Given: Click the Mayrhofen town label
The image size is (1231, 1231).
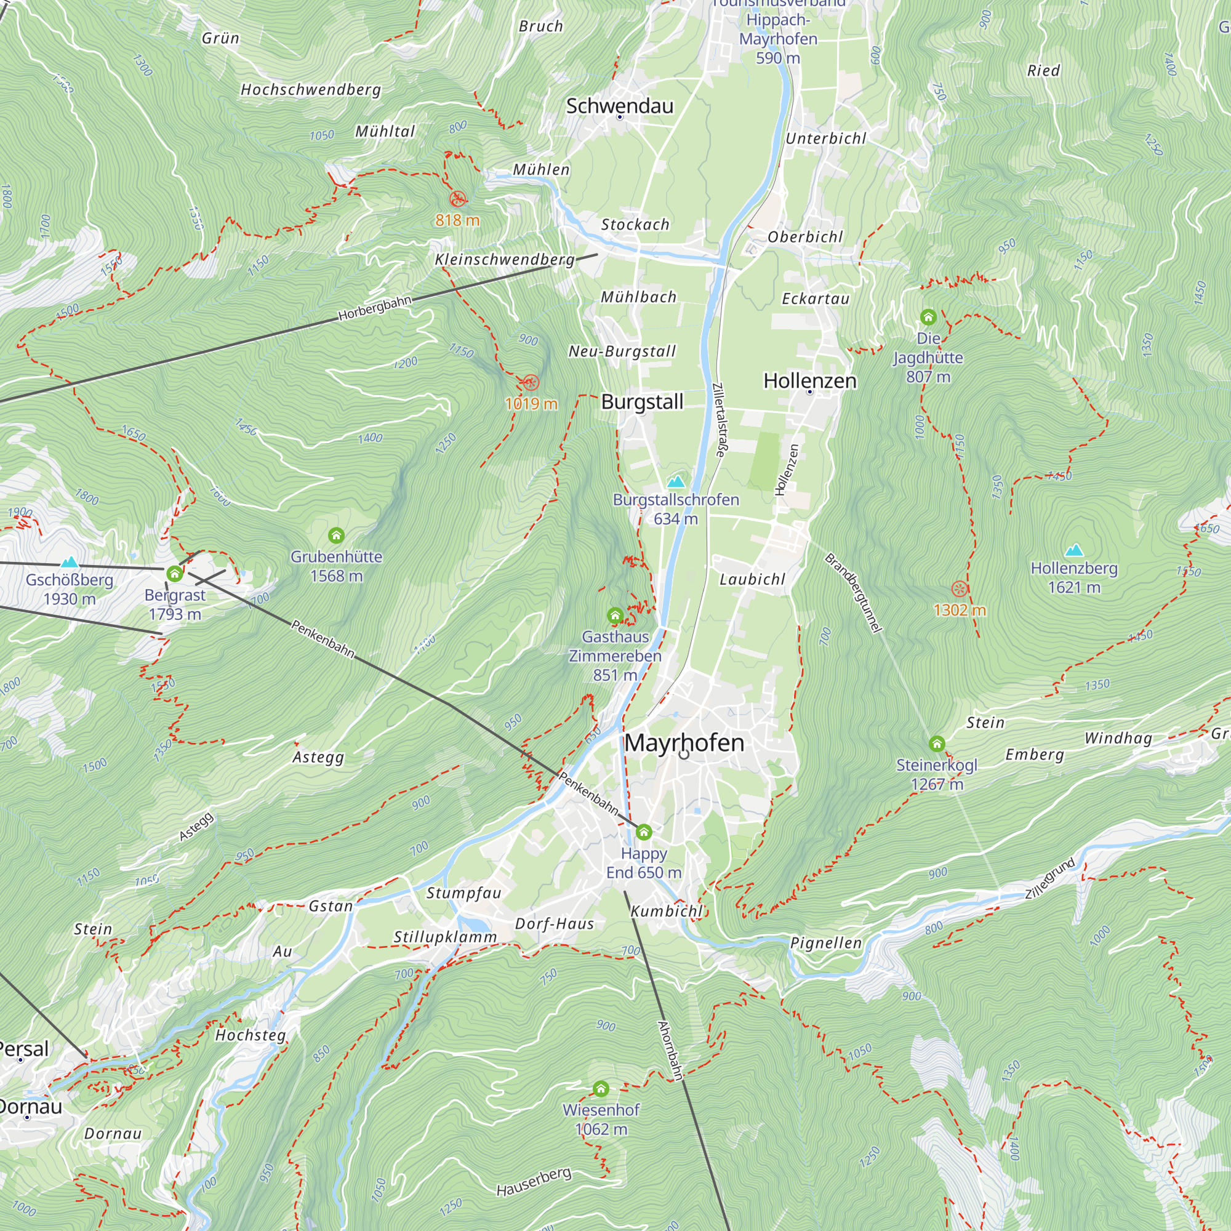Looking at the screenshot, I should [x=684, y=743].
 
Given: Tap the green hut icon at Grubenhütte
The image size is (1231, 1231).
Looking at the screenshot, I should [x=336, y=535].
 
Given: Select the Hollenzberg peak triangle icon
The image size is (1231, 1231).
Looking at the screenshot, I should [x=1074, y=550].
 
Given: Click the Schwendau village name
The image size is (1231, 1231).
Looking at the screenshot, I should [x=619, y=106].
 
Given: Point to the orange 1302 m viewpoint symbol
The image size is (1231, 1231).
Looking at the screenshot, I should [x=960, y=589].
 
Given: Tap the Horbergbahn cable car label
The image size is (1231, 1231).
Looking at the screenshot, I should [x=375, y=308].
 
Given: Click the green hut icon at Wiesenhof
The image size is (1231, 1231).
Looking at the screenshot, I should [x=601, y=1089].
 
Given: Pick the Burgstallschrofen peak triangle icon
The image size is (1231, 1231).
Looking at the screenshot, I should [x=676, y=481].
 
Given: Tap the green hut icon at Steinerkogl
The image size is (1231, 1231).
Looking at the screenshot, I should [x=937, y=744].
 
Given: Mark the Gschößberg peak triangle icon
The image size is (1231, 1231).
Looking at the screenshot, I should [x=70, y=562].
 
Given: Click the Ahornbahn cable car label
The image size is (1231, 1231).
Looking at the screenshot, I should [x=670, y=1051].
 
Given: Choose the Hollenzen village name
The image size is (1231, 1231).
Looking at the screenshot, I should [x=810, y=380].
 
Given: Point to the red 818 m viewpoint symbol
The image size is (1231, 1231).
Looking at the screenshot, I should [x=457, y=199].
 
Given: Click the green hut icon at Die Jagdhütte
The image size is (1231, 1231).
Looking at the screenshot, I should [x=928, y=316].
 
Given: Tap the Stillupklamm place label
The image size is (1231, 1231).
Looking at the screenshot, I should [x=445, y=937].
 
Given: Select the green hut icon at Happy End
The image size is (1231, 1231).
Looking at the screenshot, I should [x=644, y=832].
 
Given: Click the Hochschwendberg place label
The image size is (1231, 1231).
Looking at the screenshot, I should [x=311, y=90].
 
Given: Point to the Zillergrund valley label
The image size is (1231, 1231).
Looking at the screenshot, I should [x=1049, y=879].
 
